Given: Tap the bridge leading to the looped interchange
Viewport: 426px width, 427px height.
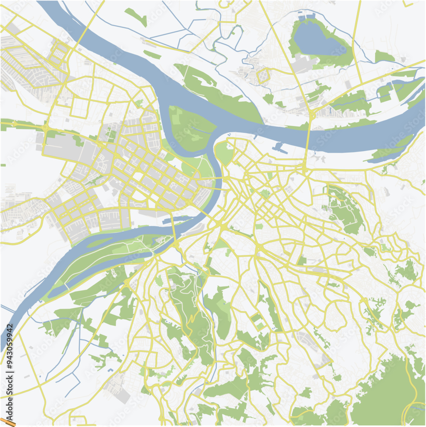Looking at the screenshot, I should tap(308, 137).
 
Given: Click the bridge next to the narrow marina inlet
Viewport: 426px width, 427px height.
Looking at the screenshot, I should tap(173, 231).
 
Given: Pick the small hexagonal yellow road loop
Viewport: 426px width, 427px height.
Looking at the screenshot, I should tap(263, 77).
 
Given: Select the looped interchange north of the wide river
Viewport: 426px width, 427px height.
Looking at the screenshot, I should tap(313, 113).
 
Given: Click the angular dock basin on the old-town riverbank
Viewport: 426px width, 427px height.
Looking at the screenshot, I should tap(278, 148).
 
